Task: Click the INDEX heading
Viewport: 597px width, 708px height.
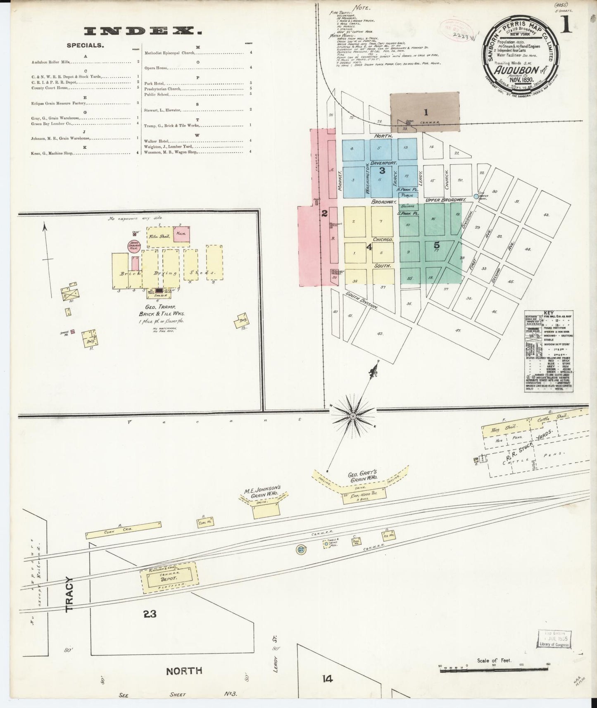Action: click(140, 31)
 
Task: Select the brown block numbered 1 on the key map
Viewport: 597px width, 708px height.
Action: click(426, 112)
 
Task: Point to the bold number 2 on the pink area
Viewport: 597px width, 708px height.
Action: click(325, 214)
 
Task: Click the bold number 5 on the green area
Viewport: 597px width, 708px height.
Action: click(437, 245)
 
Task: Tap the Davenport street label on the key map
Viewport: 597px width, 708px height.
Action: click(382, 162)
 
